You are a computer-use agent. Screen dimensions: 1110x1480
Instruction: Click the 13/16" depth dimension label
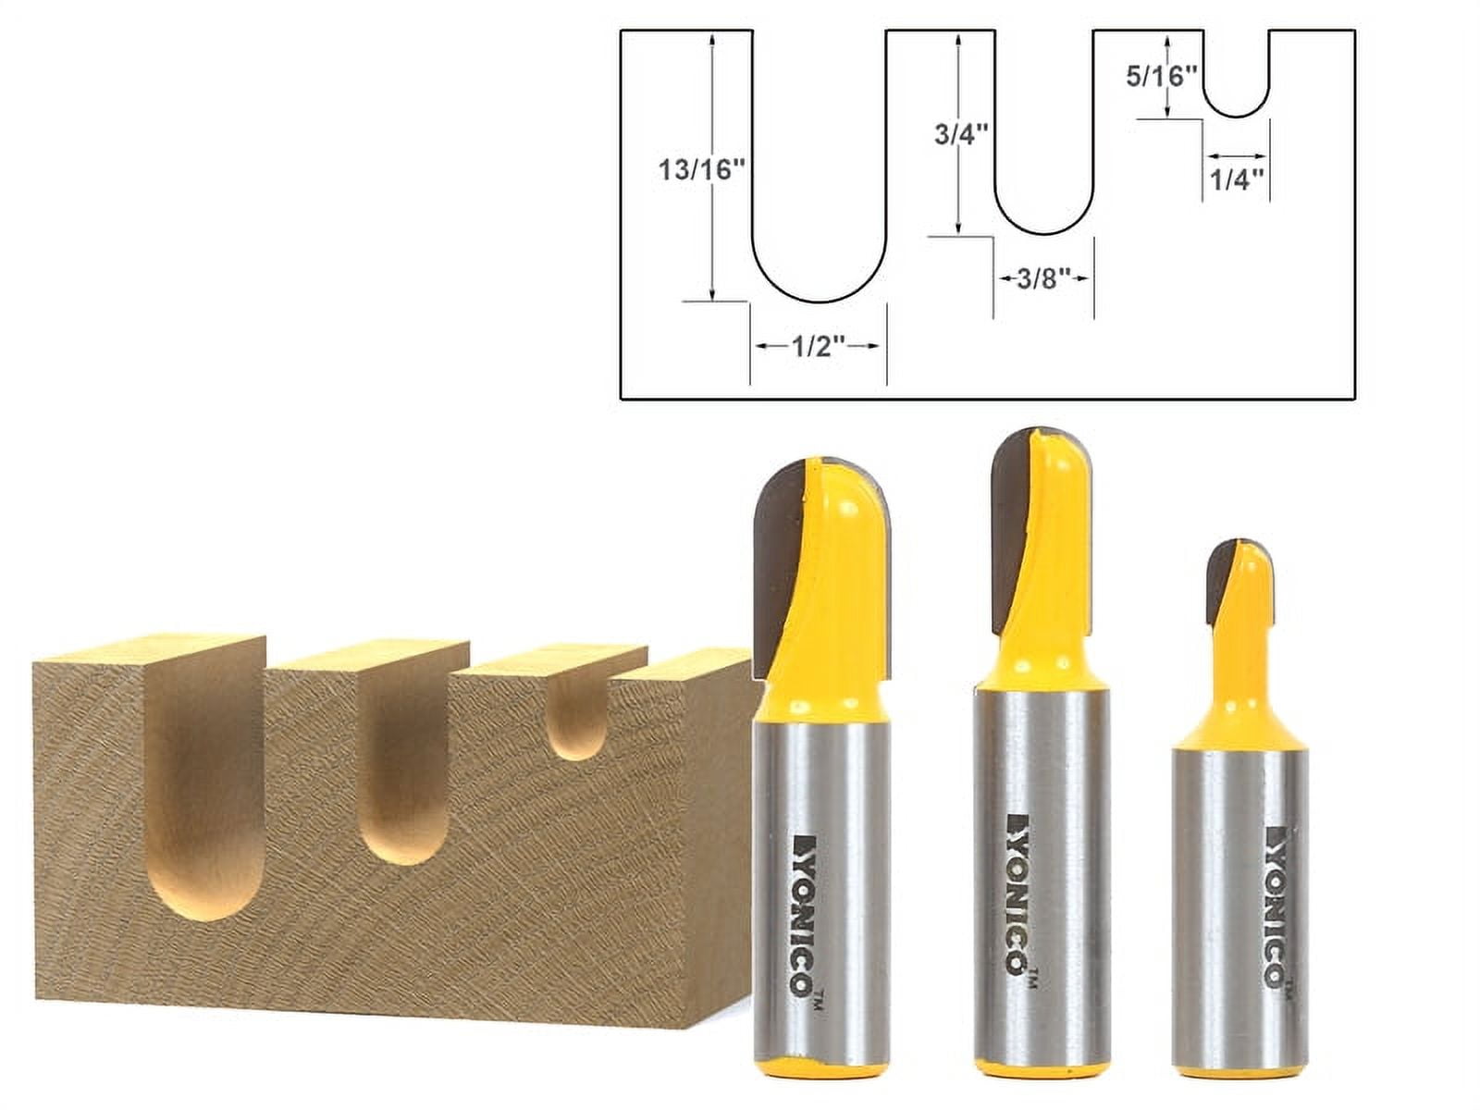click(x=701, y=170)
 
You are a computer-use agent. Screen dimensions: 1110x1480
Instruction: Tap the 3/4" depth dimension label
click(x=961, y=134)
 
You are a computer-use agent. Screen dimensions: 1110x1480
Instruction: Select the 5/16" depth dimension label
click(x=1161, y=76)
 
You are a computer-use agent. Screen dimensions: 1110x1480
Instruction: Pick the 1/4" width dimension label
click(x=1237, y=180)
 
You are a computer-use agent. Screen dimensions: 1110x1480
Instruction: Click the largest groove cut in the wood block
click(x=205, y=786)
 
